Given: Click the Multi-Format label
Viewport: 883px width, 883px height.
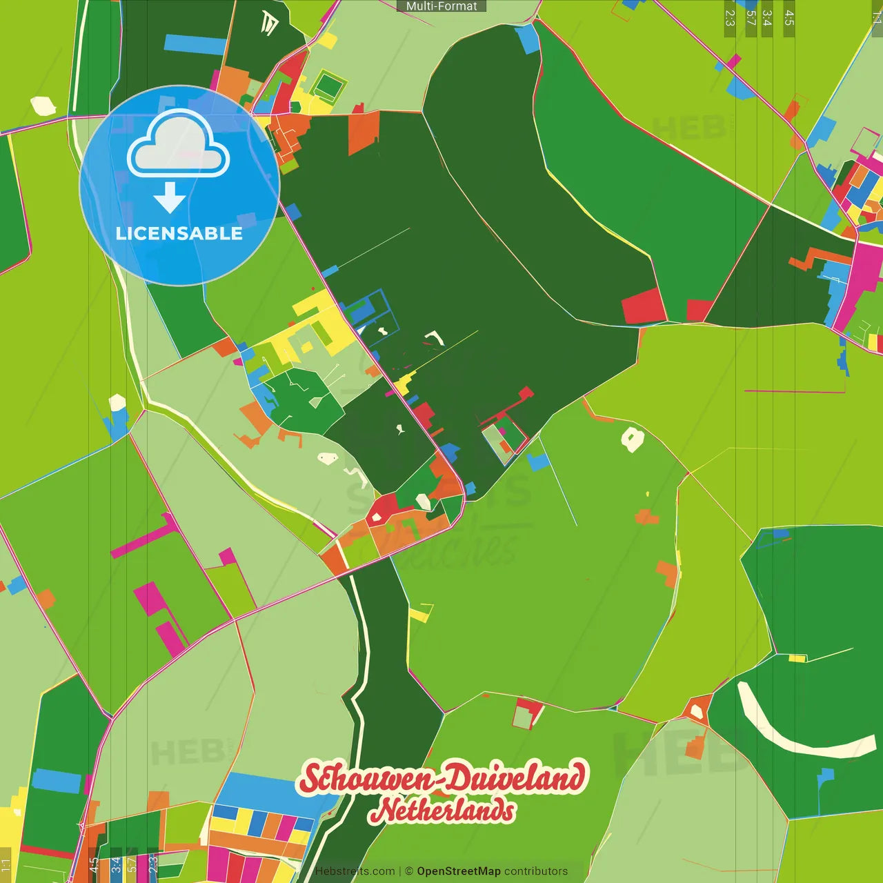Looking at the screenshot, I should click(x=441, y=6).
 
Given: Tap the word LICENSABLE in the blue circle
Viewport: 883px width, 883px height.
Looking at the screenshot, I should click(x=179, y=233).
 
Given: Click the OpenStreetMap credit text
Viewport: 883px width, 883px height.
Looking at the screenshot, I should click(x=458, y=871).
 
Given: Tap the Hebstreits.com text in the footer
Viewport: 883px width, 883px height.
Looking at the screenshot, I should click(x=355, y=871).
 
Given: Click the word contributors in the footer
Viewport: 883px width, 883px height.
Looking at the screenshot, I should click(x=536, y=871).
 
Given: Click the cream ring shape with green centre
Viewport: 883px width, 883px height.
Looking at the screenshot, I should click(x=632, y=439).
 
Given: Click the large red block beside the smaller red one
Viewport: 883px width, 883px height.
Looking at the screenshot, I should click(x=643, y=306).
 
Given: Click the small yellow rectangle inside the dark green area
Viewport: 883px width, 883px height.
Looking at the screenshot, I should click(x=797, y=658).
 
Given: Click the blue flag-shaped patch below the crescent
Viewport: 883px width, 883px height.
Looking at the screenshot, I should click(x=824, y=777).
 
